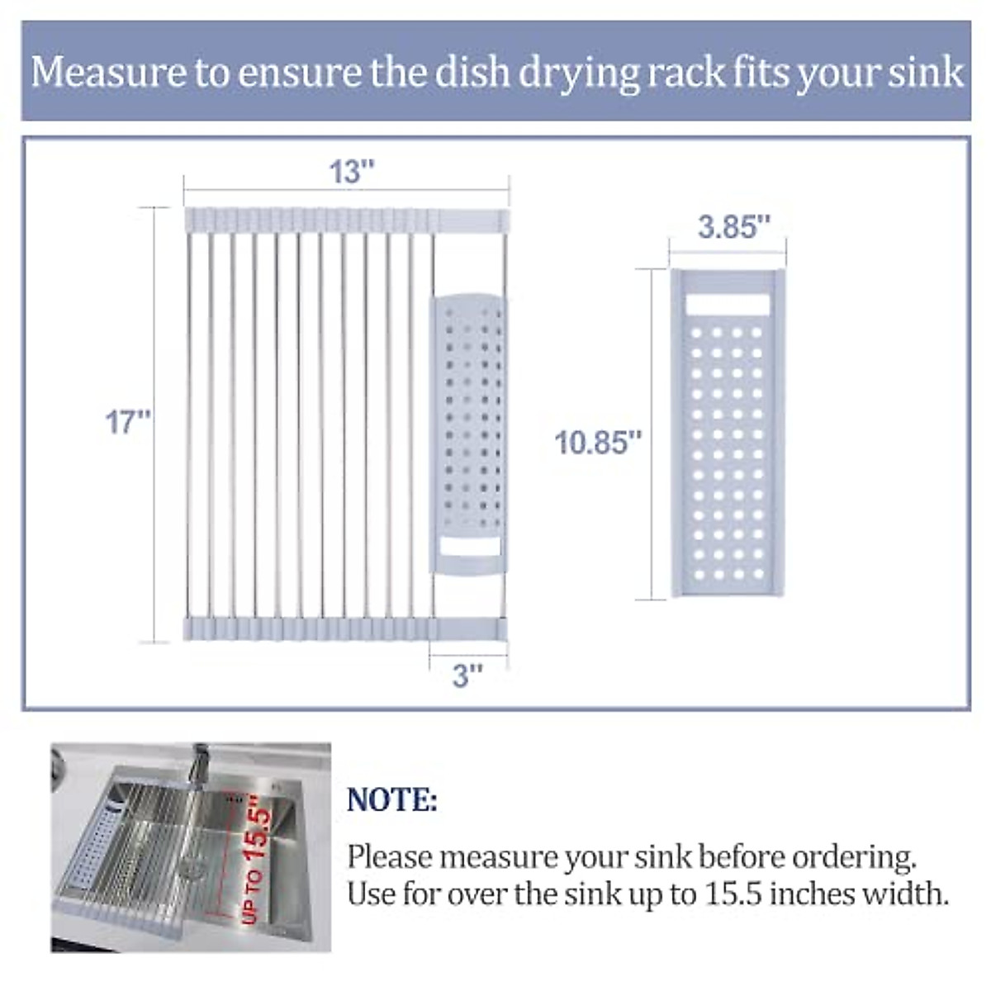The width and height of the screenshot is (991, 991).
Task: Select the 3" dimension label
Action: pos(467,676)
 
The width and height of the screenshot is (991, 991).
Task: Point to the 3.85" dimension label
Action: pos(734,226)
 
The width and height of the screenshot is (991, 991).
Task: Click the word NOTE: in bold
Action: pos(392,800)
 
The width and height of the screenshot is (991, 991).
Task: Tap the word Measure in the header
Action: pos(108,72)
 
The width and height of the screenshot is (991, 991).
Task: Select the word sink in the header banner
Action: pos(927,72)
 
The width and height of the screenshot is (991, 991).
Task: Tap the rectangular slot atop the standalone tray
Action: pos(728,305)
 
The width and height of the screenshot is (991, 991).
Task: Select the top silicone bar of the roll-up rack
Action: pos(345,220)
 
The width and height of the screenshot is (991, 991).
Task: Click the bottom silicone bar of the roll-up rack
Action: pos(345,629)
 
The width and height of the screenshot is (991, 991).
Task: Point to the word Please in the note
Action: pos(389,857)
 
